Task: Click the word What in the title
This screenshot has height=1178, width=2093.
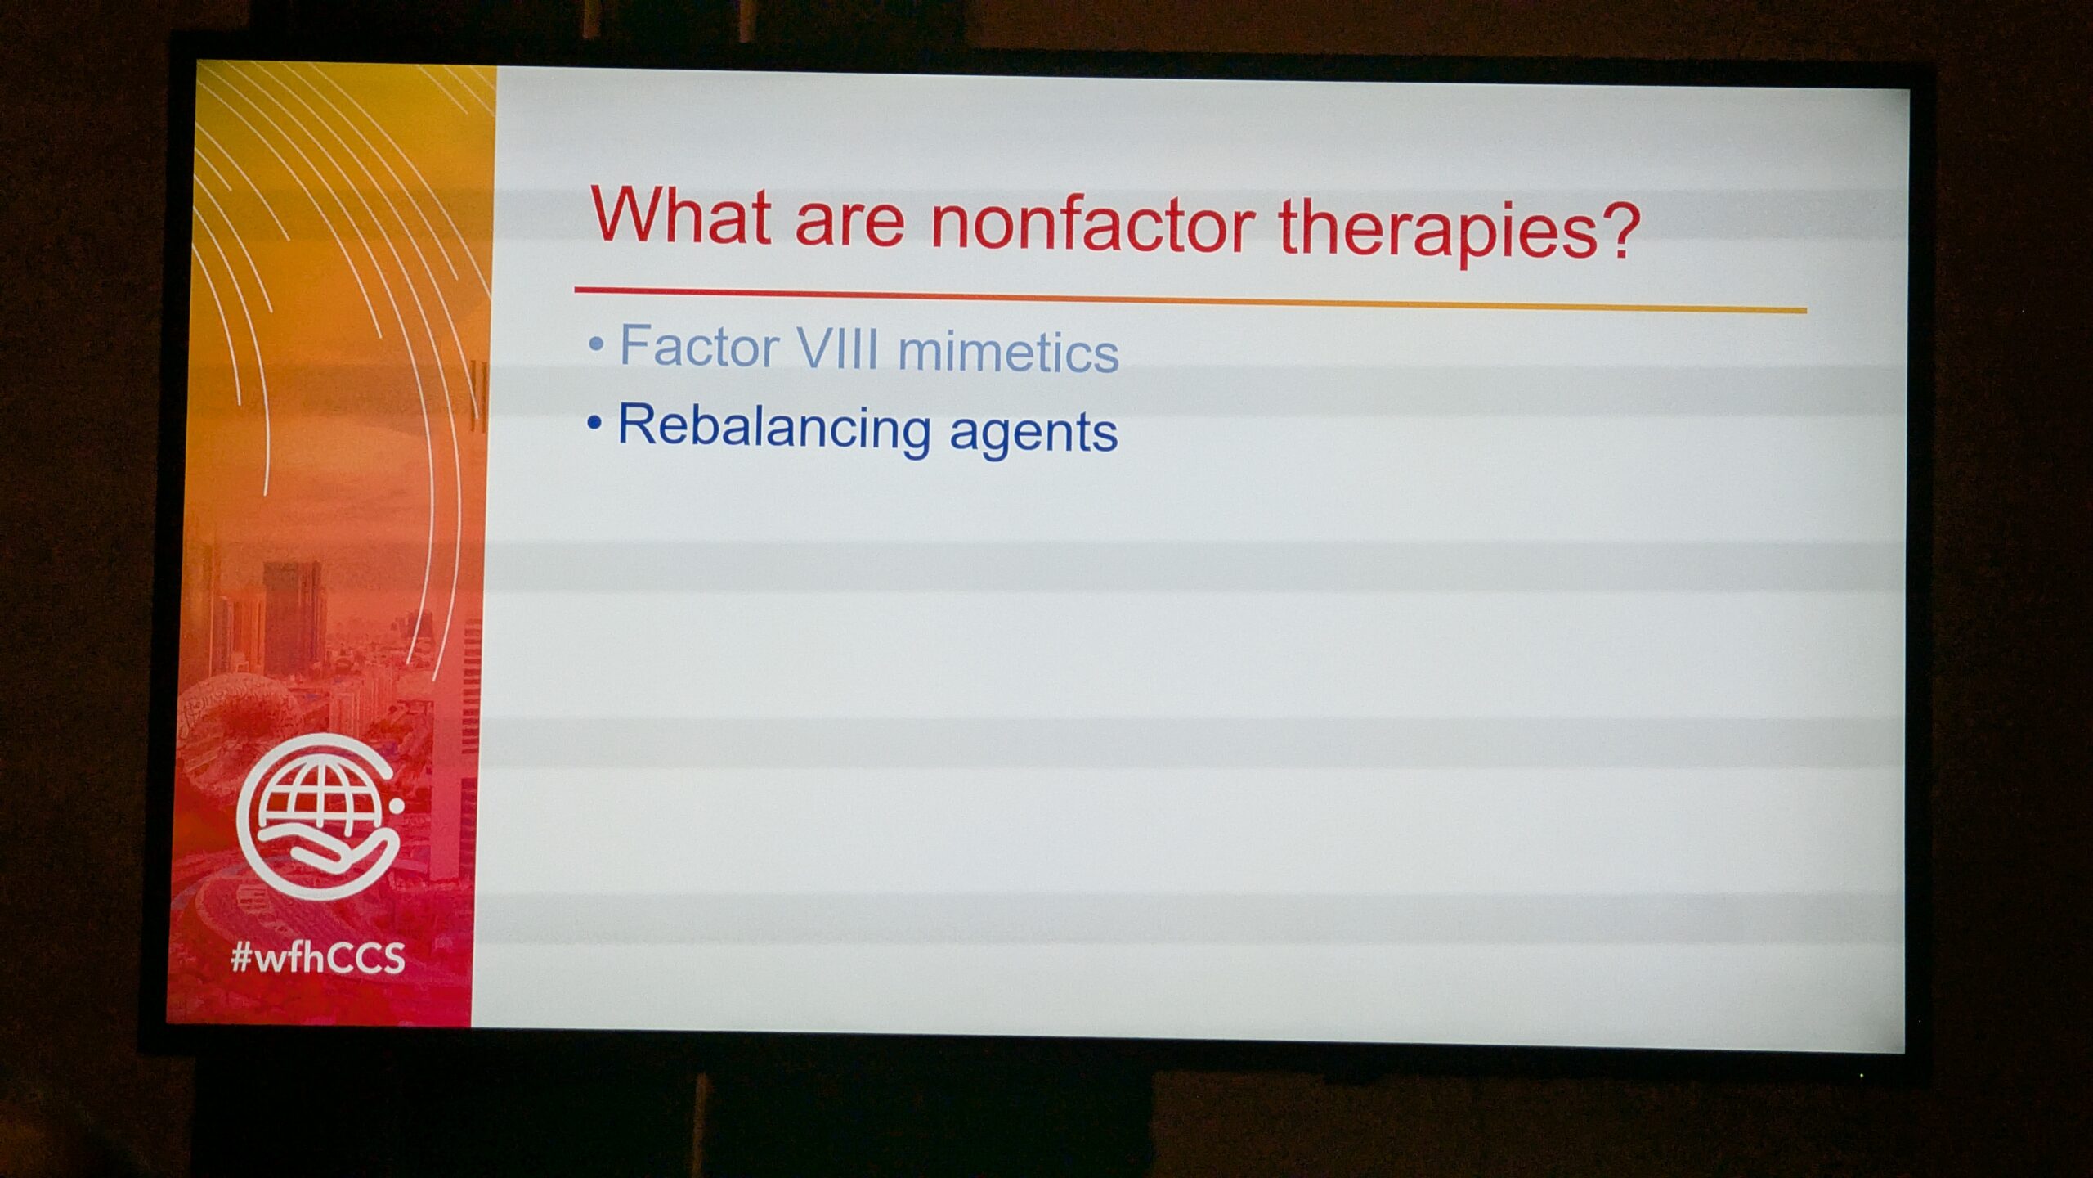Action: (x=680, y=216)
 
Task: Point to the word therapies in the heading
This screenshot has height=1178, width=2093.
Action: (x=1439, y=231)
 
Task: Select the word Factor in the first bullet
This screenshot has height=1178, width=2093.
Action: (x=699, y=346)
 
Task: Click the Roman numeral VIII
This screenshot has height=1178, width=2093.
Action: (x=837, y=349)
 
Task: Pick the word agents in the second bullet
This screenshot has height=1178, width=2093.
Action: (x=1033, y=431)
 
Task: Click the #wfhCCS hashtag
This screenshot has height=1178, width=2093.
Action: (x=317, y=957)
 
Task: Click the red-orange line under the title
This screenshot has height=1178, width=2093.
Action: (x=1190, y=299)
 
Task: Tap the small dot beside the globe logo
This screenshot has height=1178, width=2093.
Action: (x=397, y=806)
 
